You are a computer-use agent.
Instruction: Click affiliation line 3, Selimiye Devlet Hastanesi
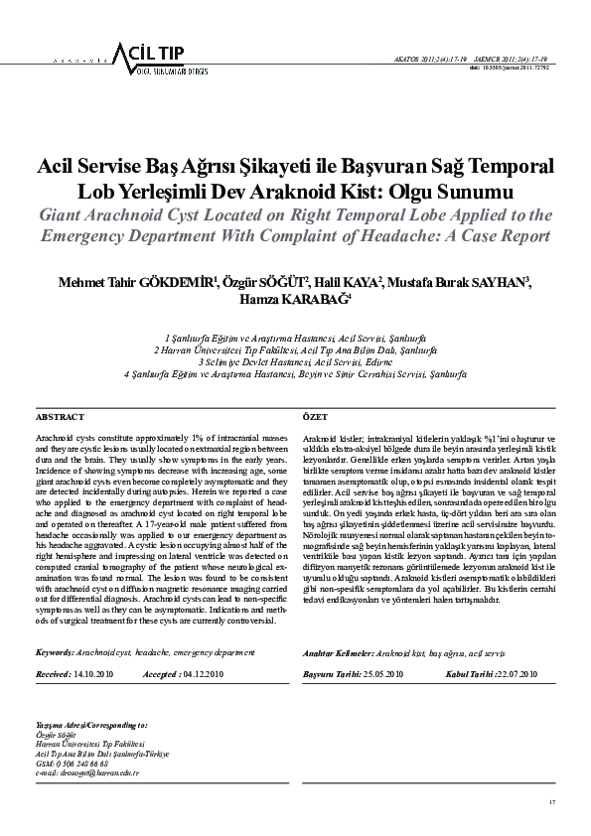[295, 362]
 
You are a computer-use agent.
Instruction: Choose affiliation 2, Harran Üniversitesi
[295, 350]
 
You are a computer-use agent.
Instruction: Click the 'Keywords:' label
[56, 652]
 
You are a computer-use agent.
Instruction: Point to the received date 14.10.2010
[94, 673]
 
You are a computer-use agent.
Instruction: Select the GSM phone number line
[73, 764]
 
